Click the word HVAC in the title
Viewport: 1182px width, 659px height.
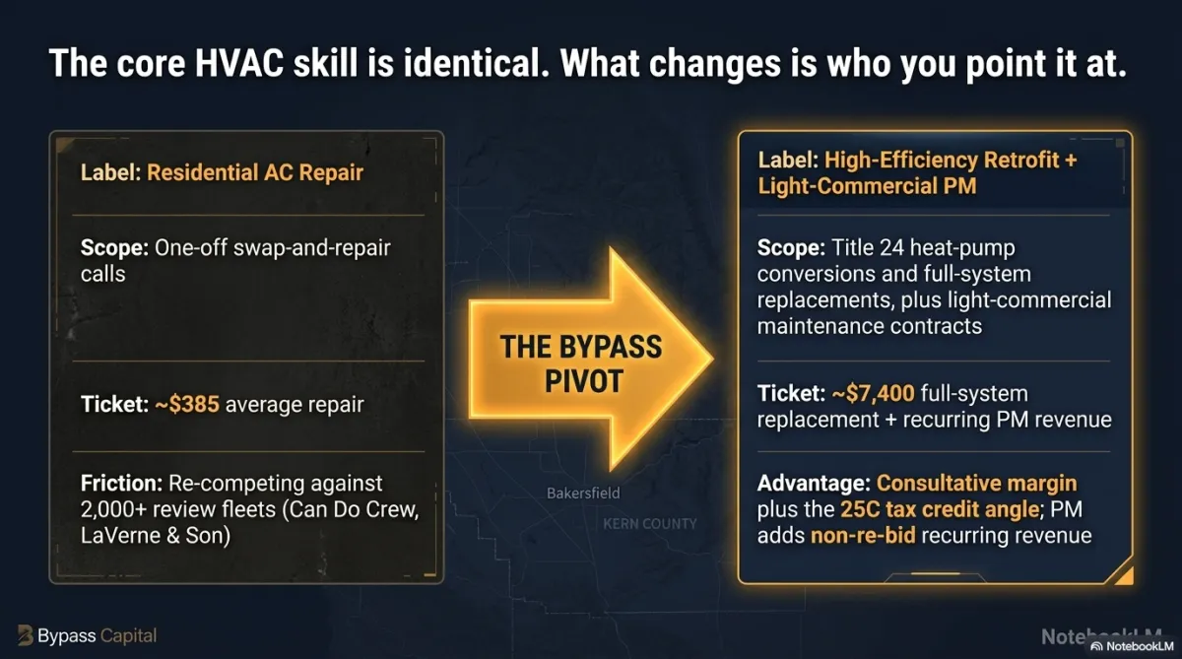point(239,63)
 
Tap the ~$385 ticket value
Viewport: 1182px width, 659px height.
point(187,405)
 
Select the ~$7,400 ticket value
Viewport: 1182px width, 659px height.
point(873,394)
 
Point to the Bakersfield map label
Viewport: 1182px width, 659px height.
point(583,494)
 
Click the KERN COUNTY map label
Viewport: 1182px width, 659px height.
point(649,524)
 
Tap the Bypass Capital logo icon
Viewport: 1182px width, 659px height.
point(25,635)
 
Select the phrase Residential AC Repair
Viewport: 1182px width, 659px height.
point(255,172)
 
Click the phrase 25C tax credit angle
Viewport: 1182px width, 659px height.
point(940,509)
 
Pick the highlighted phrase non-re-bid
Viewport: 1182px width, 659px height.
point(863,536)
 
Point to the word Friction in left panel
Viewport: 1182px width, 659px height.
point(121,484)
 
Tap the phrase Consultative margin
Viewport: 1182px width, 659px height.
point(977,484)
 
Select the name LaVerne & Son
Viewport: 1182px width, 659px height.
point(156,536)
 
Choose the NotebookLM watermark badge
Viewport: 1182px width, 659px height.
point(1133,646)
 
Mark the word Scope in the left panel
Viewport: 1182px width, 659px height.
point(114,248)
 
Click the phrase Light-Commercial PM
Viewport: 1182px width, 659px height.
point(867,186)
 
